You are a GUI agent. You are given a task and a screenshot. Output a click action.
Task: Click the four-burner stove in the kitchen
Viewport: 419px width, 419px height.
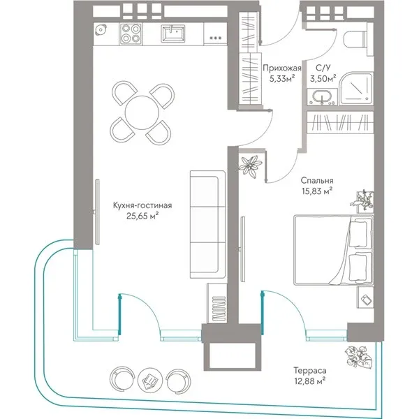click(131, 34)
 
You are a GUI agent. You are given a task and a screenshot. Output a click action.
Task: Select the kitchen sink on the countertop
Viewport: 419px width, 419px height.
click(172, 34)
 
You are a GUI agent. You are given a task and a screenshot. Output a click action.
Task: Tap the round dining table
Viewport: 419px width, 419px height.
click(142, 112)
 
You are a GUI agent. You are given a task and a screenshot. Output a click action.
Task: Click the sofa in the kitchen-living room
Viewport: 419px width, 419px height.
click(207, 224)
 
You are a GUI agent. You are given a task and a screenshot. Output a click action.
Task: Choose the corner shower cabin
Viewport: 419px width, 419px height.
click(355, 88)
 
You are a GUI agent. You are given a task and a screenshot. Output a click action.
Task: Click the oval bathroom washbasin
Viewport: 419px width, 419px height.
click(322, 97)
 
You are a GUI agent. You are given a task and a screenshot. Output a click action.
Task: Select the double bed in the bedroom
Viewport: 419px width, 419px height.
click(334, 250)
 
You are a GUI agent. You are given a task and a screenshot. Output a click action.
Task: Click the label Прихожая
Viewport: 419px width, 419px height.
click(282, 68)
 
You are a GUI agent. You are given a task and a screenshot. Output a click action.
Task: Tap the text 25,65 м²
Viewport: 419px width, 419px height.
click(141, 216)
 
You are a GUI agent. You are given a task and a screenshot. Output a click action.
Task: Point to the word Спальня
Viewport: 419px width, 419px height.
click(316, 180)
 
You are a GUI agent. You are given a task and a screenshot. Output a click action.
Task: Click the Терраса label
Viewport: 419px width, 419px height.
click(310, 371)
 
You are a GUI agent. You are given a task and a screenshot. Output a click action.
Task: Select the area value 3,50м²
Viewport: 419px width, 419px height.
click(323, 79)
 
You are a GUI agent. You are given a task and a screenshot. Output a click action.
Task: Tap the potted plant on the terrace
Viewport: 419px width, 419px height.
click(358, 357)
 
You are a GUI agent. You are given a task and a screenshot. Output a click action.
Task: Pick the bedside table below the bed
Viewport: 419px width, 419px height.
click(365, 297)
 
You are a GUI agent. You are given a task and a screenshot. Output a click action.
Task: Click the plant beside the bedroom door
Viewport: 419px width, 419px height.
click(250, 166)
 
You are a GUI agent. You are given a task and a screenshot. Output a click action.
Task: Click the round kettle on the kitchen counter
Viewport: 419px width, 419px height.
click(101, 30)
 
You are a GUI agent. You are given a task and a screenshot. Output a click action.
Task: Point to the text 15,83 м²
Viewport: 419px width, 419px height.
click(317, 191)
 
